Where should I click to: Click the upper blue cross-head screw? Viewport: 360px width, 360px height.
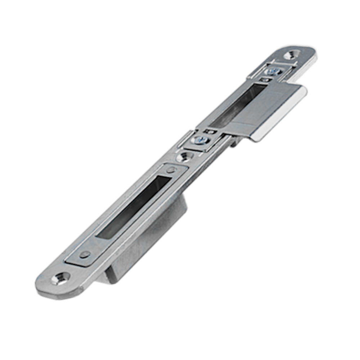click(269, 72)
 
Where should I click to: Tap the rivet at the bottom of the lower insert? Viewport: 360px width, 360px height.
click(84, 253)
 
